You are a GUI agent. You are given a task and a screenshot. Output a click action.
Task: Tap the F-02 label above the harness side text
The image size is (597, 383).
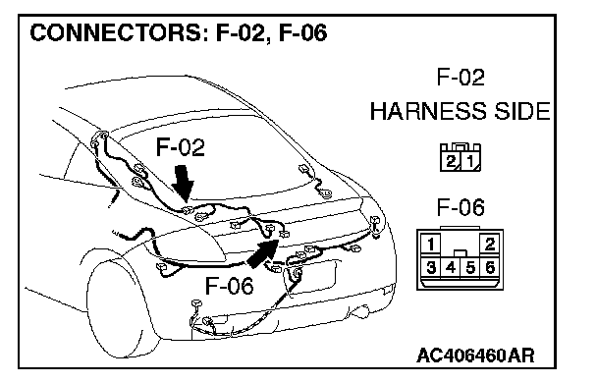461,78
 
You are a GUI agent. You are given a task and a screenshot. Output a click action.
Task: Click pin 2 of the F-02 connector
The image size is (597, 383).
450,161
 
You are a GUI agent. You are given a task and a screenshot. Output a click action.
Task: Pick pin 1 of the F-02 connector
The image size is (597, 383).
470,161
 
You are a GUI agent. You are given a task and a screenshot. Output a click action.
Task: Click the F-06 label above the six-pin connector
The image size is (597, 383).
461,207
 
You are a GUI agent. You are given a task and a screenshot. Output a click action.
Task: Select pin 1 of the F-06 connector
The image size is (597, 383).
430,244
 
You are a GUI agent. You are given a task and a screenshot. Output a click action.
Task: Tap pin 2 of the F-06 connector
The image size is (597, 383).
490,244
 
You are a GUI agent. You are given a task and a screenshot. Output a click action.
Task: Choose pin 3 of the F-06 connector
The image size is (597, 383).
430,268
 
